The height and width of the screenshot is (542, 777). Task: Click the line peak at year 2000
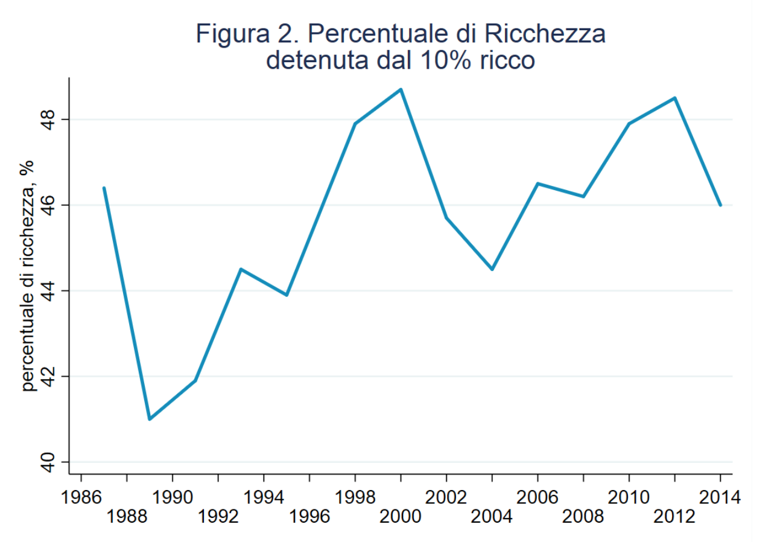[401, 89]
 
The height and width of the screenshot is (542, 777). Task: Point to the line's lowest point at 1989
[149, 419]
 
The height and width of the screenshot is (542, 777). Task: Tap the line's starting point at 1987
[104, 188]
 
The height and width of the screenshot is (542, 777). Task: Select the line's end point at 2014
[720, 205]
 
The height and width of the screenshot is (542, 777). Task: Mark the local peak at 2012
[675, 98]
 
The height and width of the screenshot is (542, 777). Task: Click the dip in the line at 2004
[492, 269]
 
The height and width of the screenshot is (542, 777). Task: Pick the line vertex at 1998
[355, 124]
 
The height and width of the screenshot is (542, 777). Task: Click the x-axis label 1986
[81, 498]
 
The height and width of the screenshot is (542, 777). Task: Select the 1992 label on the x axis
[218, 517]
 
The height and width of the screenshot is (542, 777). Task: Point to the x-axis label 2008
[583, 517]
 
